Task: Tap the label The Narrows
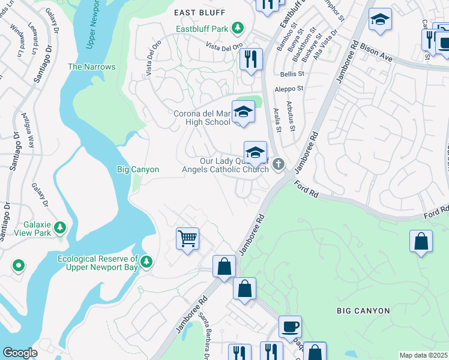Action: [x=91, y=67]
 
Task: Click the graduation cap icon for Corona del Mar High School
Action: [x=243, y=112]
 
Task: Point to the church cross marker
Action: [x=278, y=164]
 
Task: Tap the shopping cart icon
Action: [x=187, y=238]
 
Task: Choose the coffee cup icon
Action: [x=290, y=326]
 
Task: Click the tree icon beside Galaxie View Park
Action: [x=59, y=227]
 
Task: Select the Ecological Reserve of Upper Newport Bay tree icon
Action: [x=146, y=260]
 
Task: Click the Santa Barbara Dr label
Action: [x=205, y=345]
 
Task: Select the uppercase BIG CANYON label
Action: [x=363, y=311]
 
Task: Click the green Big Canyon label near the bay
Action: [x=137, y=170]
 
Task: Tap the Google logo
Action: [x=19, y=353]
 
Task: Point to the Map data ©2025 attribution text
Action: [x=423, y=355]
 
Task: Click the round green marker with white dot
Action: [x=19, y=265]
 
